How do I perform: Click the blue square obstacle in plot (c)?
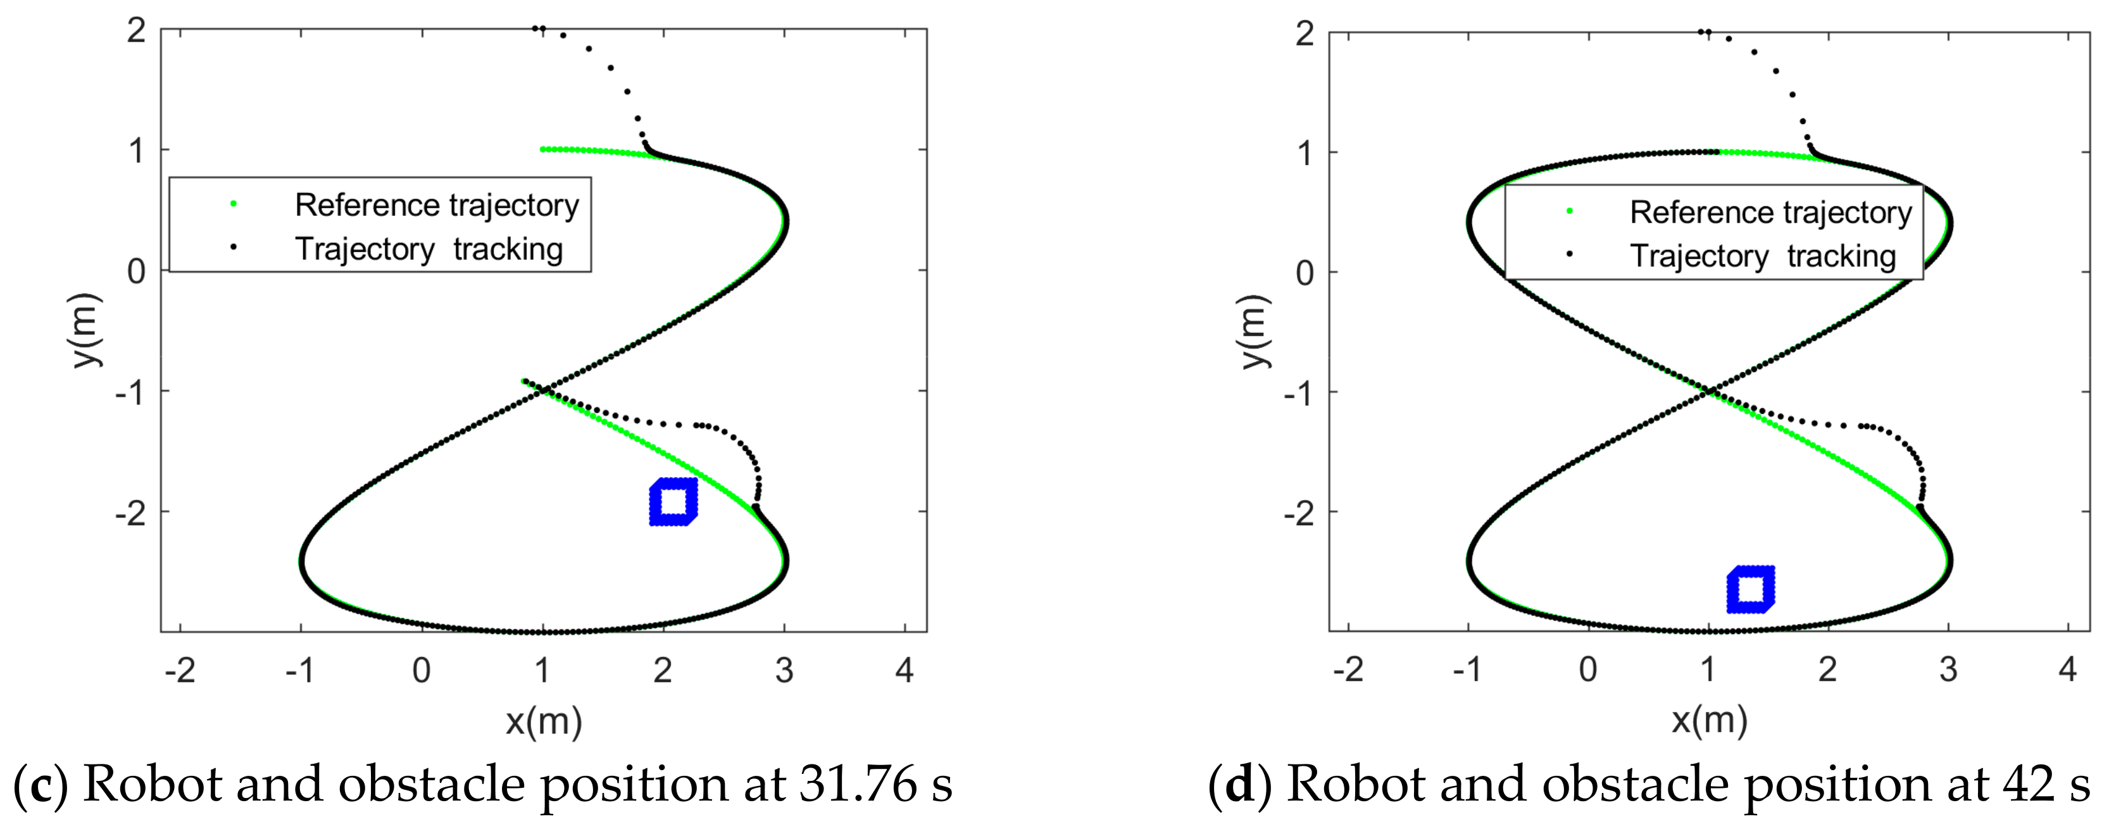click(673, 502)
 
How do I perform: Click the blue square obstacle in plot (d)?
click(1750, 589)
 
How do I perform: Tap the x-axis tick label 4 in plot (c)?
click(904, 670)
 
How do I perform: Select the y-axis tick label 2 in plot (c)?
click(136, 30)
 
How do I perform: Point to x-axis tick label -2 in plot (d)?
click(1348, 670)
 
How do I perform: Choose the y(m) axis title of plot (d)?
click(1253, 332)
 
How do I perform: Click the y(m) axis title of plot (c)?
click(85, 330)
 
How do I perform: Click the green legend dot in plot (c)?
click(234, 204)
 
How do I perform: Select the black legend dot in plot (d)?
click(1568, 254)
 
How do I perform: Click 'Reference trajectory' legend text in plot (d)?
click(1770, 212)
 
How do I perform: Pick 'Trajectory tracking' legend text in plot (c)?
click(429, 249)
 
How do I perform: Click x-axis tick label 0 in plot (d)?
click(1587, 670)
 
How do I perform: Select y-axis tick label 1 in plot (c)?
click(136, 151)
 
